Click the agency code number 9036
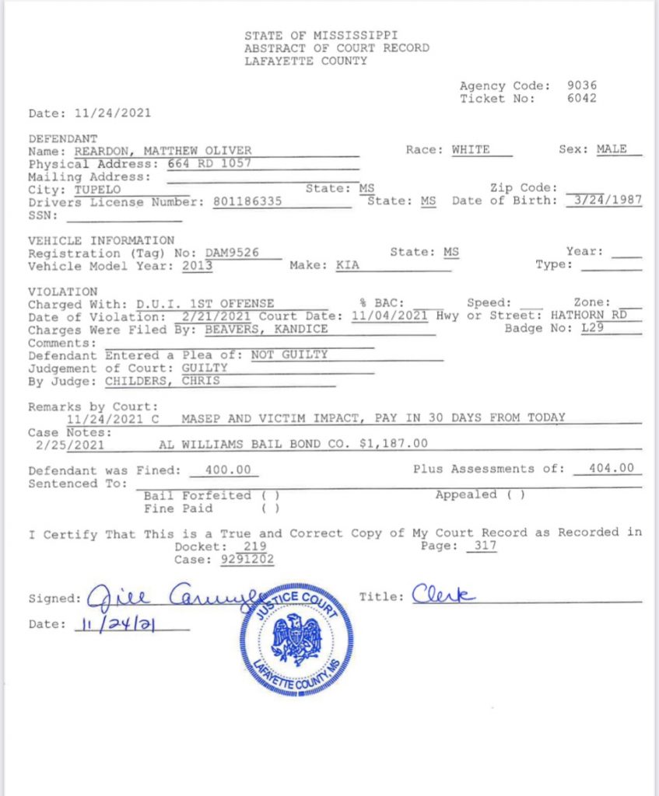coord(582,86)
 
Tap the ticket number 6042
coord(582,99)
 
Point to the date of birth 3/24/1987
coord(604,200)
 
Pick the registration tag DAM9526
coord(232,253)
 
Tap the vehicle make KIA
coord(348,265)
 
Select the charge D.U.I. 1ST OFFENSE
coord(209,304)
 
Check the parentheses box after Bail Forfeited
coord(271,495)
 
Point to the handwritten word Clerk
coord(443,595)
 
